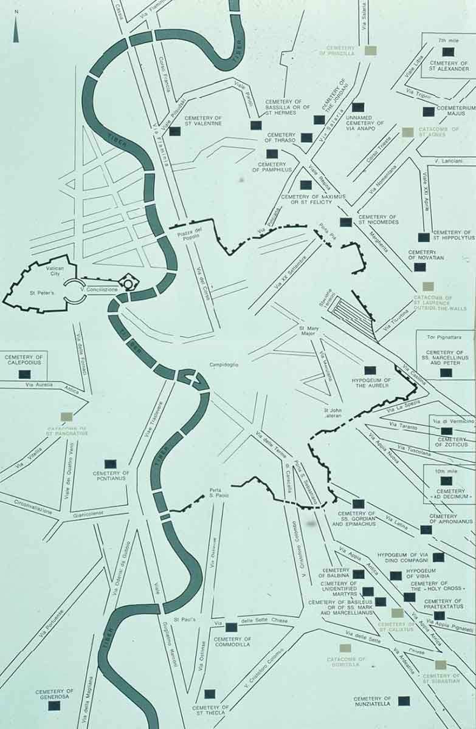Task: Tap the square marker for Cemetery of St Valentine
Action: click(x=175, y=131)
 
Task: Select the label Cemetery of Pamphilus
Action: click(x=275, y=167)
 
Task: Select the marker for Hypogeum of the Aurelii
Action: click(x=370, y=370)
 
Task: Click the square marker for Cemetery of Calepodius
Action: click(x=25, y=372)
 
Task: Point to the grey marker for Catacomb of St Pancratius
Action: click(x=67, y=417)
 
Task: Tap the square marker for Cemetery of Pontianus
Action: click(x=111, y=464)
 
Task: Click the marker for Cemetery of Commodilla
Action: click(x=231, y=628)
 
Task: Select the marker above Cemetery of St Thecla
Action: click(x=210, y=694)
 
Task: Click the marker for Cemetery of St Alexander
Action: click(x=448, y=52)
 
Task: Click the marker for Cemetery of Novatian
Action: click(x=420, y=266)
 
